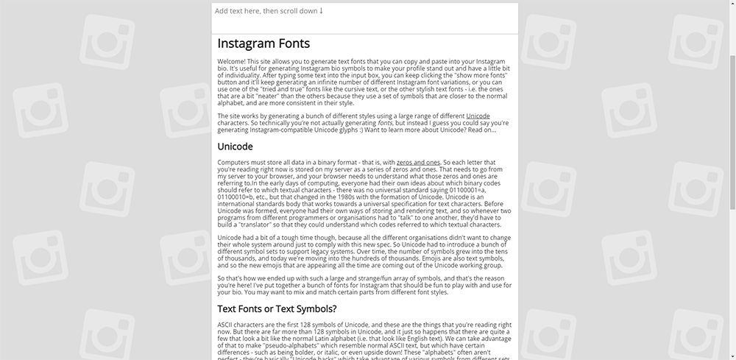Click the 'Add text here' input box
(x=364, y=18)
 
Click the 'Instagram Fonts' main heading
(x=263, y=43)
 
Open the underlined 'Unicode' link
(x=478, y=116)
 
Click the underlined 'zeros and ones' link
(x=418, y=162)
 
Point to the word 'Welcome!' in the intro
(x=232, y=62)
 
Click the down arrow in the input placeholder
(x=321, y=11)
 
